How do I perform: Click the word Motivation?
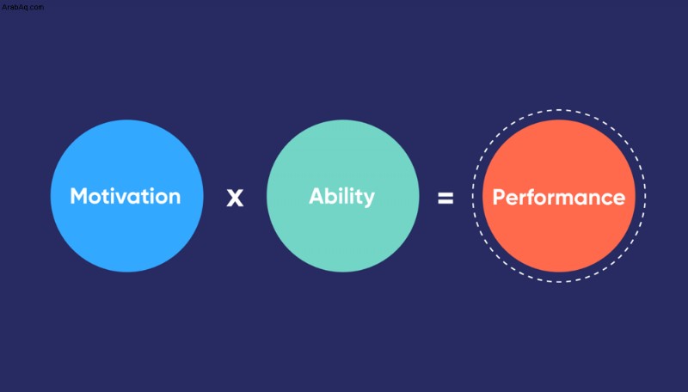pyautogui.click(x=126, y=196)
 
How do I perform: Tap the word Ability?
pyautogui.click(x=341, y=197)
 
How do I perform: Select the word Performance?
pyautogui.click(x=558, y=198)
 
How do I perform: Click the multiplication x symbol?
pyautogui.click(x=235, y=198)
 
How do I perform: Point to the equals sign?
pyautogui.click(x=445, y=199)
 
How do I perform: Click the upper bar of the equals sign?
pyautogui.click(x=445, y=195)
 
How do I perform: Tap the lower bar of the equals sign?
pyautogui.click(x=445, y=202)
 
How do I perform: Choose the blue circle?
pyautogui.click(x=126, y=195)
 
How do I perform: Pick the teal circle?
pyautogui.click(x=342, y=195)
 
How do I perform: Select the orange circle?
pyautogui.click(x=558, y=195)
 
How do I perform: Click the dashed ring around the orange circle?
pyautogui.click(x=558, y=110)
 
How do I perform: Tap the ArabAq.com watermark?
pyautogui.click(x=22, y=7)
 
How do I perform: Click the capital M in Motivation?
pyautogui.click(x=79, y=197)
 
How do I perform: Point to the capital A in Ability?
pyautogui.click(x=316, y=196)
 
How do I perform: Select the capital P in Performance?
pyautogui.click(x=500, y=198)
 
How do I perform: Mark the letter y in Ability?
pyautogui.click(x=369, y=200)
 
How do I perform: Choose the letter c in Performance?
pyautogui.click(x=603, y=199)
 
